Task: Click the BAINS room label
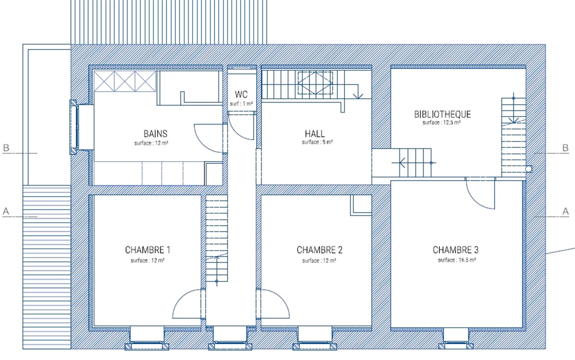click(155, 134)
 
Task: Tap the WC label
click(241, 94)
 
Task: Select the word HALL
click(315, 134)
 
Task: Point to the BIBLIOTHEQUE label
click(443, 115)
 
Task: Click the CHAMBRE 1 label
click(148, 250)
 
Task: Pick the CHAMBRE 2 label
click(319, 250)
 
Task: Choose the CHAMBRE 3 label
click(456, 250)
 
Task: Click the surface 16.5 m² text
click(457, 260)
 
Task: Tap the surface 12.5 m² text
click(442, 122)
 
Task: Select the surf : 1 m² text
click(241, 104)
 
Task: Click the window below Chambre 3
click(456, 345)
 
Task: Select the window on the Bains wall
click(73, 127)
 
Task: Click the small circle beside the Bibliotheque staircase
click(529, 169)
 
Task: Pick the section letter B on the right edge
click(565, 148)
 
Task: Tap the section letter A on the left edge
click(6, 211)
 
